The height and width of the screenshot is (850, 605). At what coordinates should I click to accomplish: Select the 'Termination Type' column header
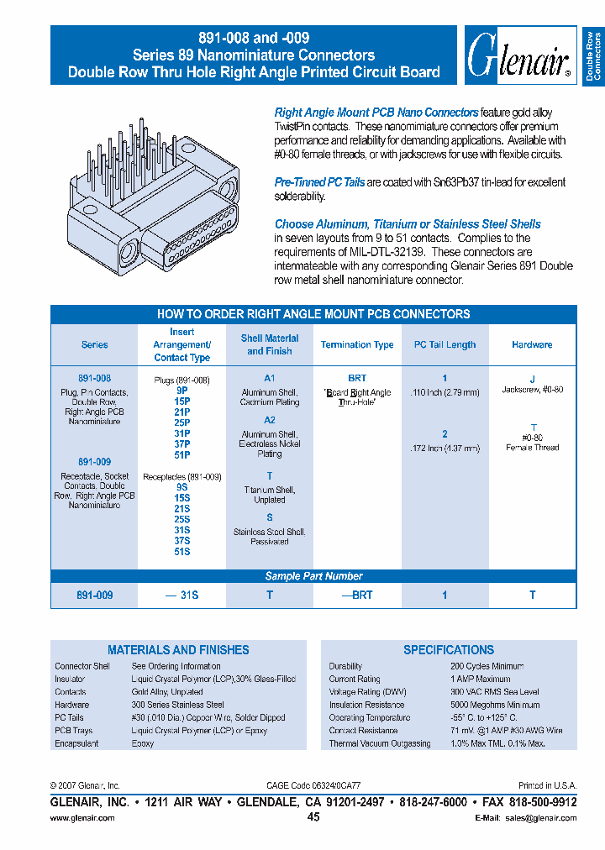(x=357, y=345)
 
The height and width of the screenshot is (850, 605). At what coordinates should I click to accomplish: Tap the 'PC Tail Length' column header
(x=445, y=345)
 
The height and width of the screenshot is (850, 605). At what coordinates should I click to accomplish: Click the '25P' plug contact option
(x=182, y=423)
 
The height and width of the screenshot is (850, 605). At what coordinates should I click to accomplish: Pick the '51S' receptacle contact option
(x=182, y=552)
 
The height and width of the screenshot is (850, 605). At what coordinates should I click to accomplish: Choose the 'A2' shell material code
(x=269, y=420)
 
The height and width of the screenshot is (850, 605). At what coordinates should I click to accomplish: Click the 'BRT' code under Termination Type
(x=357, y=379)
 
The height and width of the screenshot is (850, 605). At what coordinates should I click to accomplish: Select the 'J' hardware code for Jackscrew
(x=532, y=380)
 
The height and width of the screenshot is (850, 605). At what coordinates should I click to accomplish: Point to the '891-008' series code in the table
(x=94, y=380)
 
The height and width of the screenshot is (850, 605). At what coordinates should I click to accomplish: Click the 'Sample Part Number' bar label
(x=313, y=576)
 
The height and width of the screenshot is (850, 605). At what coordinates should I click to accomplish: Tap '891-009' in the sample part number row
(x=94, y=595)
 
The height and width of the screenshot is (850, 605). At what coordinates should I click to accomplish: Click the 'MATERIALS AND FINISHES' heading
(x=178, y=650)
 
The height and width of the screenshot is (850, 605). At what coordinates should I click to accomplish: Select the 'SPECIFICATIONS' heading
(x=449, y=650)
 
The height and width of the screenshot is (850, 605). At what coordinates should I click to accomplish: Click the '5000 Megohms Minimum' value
(x=494, y=705)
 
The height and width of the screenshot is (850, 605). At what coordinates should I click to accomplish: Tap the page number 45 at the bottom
(x=313, y=817)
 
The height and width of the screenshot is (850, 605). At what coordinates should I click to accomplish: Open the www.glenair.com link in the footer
(x=82, y=818)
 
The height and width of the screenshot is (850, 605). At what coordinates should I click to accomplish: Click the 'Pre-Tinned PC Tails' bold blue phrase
(x=319, y=182)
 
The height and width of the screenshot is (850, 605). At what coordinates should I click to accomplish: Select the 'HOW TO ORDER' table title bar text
(x=313, y=314)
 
